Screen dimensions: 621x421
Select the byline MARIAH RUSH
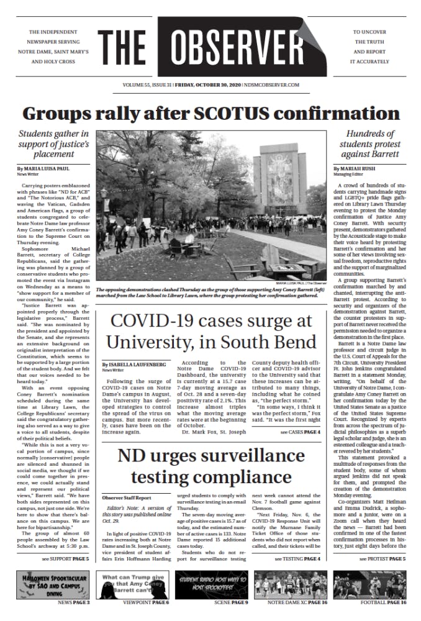coord(358,169)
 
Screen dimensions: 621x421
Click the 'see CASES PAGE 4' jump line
coord(300,414)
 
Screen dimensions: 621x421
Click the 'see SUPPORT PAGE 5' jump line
coord(65,560)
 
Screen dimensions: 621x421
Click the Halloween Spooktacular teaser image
coord(53,584)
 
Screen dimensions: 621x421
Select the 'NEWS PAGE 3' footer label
coord(74,603)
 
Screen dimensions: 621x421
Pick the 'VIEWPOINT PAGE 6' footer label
coord(145,603)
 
